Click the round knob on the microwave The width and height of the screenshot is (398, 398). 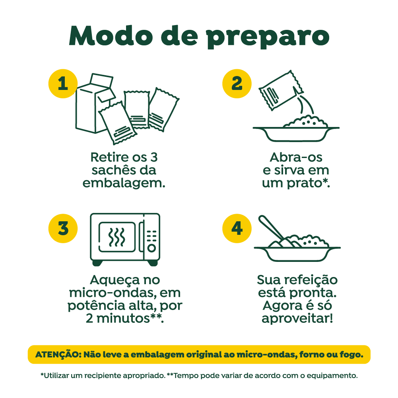(151, 248)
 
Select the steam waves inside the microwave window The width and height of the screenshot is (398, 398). (117, 237)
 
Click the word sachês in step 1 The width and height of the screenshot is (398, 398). (113, 170)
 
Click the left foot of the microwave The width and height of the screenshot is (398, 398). (98, 263)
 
